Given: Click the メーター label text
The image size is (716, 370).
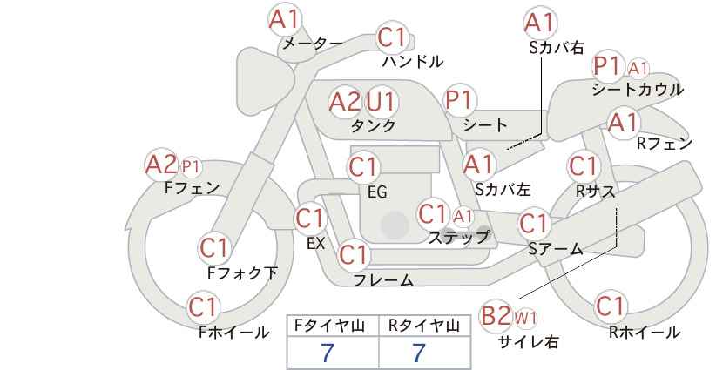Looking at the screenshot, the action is pyautogui.click(x=313, y=44).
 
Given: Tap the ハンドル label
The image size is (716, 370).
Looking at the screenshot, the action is pyautogui.click(x=413, y=61).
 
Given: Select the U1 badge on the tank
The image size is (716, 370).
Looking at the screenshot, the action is pyautogui.click(x=381, y=101).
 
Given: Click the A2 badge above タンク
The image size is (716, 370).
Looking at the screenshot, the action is pyautogui.click(x=345, y=102).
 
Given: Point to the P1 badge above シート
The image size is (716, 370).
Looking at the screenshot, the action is pyautogui.click(x=460, y=100).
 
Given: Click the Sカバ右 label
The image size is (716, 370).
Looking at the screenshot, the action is pyautogui.click(x=557, y=48).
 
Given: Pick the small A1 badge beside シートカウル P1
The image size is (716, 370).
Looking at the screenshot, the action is pyautogui.click(x=638, y=69).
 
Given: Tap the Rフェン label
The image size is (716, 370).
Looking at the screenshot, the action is pyautogui.click(x=665, y=144).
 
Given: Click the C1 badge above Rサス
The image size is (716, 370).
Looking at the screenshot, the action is pyautogui.click(x=583, y=166).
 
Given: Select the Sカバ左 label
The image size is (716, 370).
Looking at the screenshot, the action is pyautogui.click(x=503, y=189).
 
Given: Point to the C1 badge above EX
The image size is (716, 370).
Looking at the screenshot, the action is pyautogui.click(x=310, y=219).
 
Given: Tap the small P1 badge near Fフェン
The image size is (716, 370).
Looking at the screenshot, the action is pyautogui.click(x=191, y=167).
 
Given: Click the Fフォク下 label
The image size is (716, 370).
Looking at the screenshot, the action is pyautogui.click(x=242, y=272).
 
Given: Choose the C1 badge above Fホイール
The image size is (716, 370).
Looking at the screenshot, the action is pyautogui.click(x=203, y=307).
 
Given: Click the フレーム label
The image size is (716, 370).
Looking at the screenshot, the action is pyautogui.click(x=383, y=280).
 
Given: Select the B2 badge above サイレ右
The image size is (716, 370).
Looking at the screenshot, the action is pyautogui.click(x=496, y=316).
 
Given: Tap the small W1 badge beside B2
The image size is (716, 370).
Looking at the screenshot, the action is pyautogui.click(x=525, y=318).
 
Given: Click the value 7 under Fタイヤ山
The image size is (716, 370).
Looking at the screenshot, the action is pyautogui.click(x=328, y=353).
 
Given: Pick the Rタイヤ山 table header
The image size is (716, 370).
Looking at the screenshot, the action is pyautogui.click(x=424, y=326).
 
